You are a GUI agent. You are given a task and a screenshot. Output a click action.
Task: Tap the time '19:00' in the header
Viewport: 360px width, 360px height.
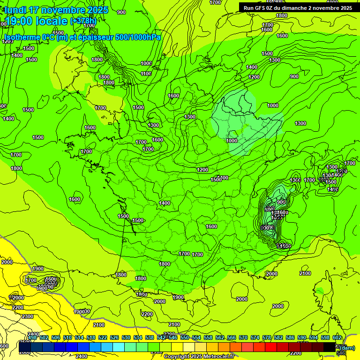coord(20,21)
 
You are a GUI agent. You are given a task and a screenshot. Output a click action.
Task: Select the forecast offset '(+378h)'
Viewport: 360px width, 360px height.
coord(83,21)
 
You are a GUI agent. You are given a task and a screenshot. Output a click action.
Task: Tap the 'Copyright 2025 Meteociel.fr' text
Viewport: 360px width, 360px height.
coord(199,357)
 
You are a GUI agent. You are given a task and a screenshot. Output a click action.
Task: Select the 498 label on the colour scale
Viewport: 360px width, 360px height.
coord(32,337)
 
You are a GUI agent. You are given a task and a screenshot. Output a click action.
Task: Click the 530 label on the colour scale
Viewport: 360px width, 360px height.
coord(126,337)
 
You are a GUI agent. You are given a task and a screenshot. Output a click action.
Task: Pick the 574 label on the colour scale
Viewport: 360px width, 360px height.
coord(255,337)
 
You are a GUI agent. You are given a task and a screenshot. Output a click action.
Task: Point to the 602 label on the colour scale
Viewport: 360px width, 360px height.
coord(337,337)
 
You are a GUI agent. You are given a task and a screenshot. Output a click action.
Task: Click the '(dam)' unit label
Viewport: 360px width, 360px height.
coord(347,347)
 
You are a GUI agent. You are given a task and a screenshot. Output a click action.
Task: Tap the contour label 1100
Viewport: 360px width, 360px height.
coord(146,74)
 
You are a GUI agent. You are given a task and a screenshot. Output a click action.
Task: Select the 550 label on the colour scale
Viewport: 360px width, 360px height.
coord(185,337)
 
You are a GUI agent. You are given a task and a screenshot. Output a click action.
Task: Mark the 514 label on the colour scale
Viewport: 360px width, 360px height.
coord(79,337)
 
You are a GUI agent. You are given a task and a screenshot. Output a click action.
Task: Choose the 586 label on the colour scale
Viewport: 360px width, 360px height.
coord(290,337)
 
